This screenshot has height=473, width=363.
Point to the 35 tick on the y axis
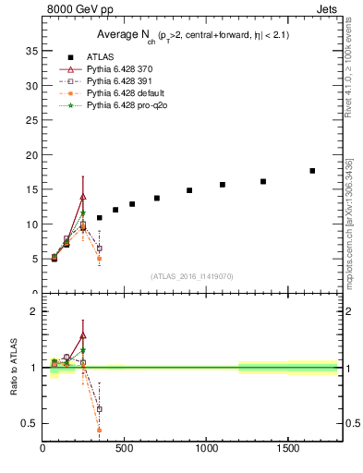point(30,51)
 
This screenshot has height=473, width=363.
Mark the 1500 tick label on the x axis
point(287,449)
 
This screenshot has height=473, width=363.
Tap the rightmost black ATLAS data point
point(312,171)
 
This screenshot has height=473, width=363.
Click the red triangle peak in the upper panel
point(83,196)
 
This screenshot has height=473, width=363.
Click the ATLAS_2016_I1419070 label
point(192,275)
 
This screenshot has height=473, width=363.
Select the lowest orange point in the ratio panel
point(99,430)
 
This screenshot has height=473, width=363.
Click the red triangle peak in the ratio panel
point(83,335)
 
